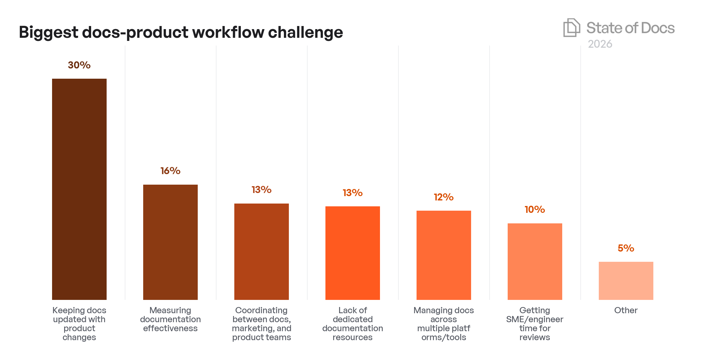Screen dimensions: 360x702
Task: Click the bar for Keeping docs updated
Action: click(x=79, y=189)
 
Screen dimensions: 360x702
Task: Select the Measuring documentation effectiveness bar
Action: click(x=170, y=242)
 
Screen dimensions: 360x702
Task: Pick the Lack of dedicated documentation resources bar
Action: click(x=352, y=253)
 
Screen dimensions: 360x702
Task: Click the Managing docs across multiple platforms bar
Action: click(x=444, y=255)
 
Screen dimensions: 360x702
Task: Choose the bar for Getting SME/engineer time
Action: click(x=535, y=261)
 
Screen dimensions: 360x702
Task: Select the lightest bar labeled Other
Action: click(x=626, y=281)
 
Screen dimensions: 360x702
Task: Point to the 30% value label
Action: click(x=79, y=65)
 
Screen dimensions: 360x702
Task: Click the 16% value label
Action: click(x=170, y=171)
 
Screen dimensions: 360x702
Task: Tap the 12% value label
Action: click(x=444, y=197)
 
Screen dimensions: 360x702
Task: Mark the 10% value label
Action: click(x=535, y=209)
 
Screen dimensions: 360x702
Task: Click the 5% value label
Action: click(x=626, y=248)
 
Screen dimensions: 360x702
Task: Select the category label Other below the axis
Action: click(x=626, y=310)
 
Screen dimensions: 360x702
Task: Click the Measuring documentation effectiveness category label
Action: click(x=170, y=319)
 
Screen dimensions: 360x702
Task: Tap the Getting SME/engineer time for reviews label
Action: click(x=535, y=323)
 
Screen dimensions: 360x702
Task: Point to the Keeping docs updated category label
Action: click(x=79, y=323)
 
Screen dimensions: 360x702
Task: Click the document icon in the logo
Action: click(x=571, y=28)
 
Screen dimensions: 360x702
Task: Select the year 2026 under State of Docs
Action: click(x=600, y=44)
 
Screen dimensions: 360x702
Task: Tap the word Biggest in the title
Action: click(x=48, y=33)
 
